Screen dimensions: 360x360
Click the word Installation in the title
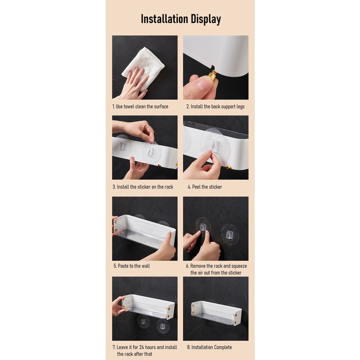pyautogui.click(x=165, y=19)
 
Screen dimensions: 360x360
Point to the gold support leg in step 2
pyautogui.click(x=213, y=75)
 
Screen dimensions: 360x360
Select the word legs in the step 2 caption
pyautogui.click(x=239, y=107)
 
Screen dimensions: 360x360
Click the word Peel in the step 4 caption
pyautogui.click(x=196, y=187)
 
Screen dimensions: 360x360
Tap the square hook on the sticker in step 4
pyautogui.click(x=214, y=144)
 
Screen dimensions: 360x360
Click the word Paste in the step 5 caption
pyautogui.click(x=123, y=266)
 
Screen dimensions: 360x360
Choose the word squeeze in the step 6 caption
pyautogui.click(x=239, y=266)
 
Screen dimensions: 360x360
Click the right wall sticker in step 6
pyautogui.click(x=229, y=234)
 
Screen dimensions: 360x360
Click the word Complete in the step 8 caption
pyautogui.click(x=222, y=347)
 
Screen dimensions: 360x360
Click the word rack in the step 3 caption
pyautogui.click(x=169, y=187)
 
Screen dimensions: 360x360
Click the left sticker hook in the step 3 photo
pyautogui.click(x=122, y=144)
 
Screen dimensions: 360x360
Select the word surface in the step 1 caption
pyautogui.click(x=161, y=107)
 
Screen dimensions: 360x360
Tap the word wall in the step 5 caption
pyautogui.click(x=145, y=266)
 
